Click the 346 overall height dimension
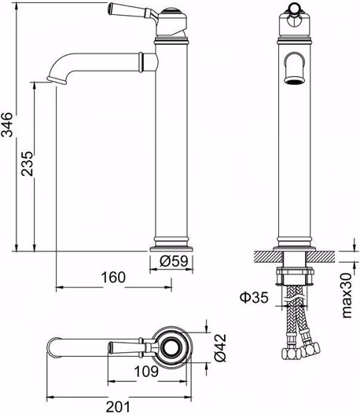(x=7, y=124)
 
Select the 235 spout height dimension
(x=28, y=163)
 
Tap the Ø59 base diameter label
(x=174, y=261)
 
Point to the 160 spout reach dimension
(x=113, y=277)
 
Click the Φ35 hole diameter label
(x=254, y=297)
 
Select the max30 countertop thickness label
(x=347, y=296)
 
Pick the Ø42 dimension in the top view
(x=220, y=347)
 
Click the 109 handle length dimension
(x=146, y=371)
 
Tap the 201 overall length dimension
(x=118, y=406)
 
